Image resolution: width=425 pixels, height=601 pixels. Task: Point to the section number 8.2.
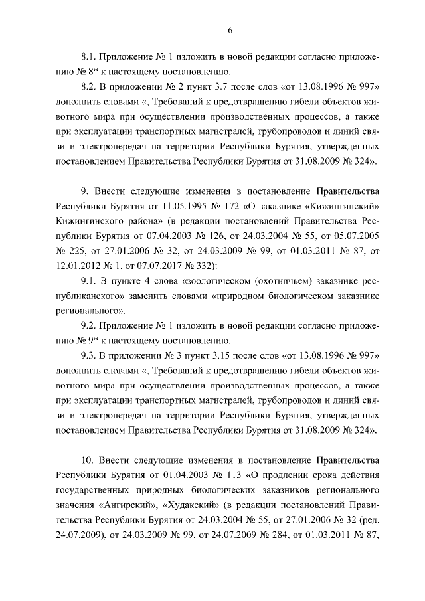[x=90, y=88]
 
